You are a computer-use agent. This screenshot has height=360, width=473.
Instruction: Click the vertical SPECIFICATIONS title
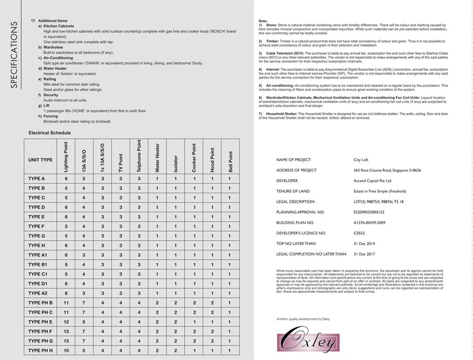pos(14,54)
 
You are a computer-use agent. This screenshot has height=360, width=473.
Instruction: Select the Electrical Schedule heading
pos(50,133)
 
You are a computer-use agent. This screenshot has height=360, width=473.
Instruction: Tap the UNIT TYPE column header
pos(40,160)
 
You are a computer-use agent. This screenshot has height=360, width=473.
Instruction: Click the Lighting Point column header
pos(66,157)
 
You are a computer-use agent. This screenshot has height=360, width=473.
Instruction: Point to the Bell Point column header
pos(230,162)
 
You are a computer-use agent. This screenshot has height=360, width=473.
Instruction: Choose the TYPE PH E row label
pos(40,322)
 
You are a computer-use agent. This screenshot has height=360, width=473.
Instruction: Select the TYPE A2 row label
pos(38,293)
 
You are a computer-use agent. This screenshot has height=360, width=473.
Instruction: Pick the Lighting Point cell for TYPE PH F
pos(66,331)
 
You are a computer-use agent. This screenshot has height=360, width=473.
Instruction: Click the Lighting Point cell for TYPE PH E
pos(66,322)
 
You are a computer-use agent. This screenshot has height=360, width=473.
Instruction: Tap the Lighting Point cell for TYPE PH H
pos(66,350)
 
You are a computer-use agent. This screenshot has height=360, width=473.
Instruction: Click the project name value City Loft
pos(361,160)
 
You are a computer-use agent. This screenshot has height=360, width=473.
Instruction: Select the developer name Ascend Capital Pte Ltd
pos(372,181)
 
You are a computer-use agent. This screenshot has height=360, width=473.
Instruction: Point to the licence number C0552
pos(360,233)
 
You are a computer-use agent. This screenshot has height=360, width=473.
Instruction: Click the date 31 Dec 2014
pos(364,244)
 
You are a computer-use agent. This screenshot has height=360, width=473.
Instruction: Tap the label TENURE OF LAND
pos(292,191)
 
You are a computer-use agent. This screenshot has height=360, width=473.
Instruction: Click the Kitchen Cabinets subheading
pos(58,26)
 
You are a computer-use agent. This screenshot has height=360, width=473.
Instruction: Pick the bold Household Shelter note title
pos(279,114)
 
